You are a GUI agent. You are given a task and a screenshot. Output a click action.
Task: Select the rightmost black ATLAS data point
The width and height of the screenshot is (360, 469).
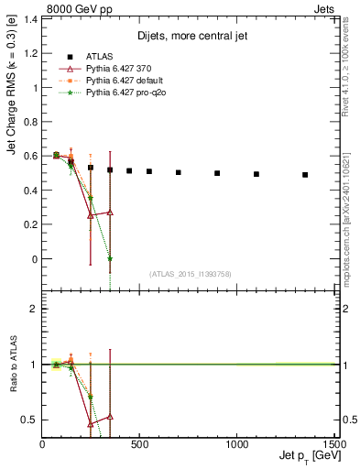coord(305,175)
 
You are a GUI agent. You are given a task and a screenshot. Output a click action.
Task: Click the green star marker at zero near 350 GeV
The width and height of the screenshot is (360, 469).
coord(110,258)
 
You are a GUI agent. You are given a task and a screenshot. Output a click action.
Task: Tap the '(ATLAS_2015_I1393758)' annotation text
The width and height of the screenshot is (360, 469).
coord(189,273)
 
